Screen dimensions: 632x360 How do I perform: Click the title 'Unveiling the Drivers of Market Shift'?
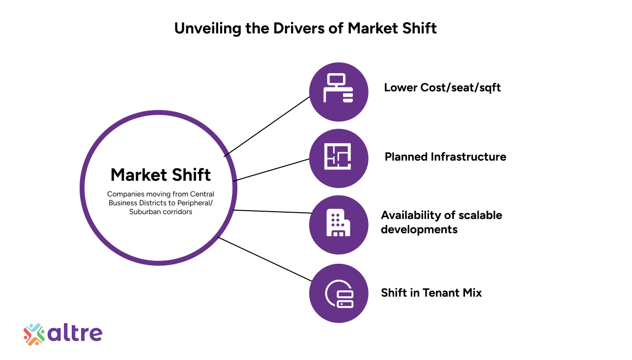[x=306, y=28]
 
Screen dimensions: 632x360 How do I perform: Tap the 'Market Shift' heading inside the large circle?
[x=161, y=175]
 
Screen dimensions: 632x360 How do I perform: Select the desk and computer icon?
[x=338, y=88]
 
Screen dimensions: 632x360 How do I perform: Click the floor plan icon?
[x=338, y=157]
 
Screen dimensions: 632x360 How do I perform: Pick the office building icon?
[x=338, y=222]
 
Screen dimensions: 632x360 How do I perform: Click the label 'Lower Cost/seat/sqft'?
[x=442, y=88]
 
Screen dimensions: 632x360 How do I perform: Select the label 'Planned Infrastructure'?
[x=446, y=157]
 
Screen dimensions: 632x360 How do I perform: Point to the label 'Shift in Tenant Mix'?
[x=431, y=293]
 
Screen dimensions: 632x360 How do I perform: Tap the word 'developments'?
[x=419, y=229]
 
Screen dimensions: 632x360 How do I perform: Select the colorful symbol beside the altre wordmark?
[x=34, y=334]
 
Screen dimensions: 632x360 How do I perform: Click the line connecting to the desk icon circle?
[x=267, y=127]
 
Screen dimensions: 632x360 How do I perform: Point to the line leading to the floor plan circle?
[x=271, y=170]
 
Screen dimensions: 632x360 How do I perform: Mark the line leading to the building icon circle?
[x=273, y=212]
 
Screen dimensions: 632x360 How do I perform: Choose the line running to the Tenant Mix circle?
[x=265, y=259]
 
